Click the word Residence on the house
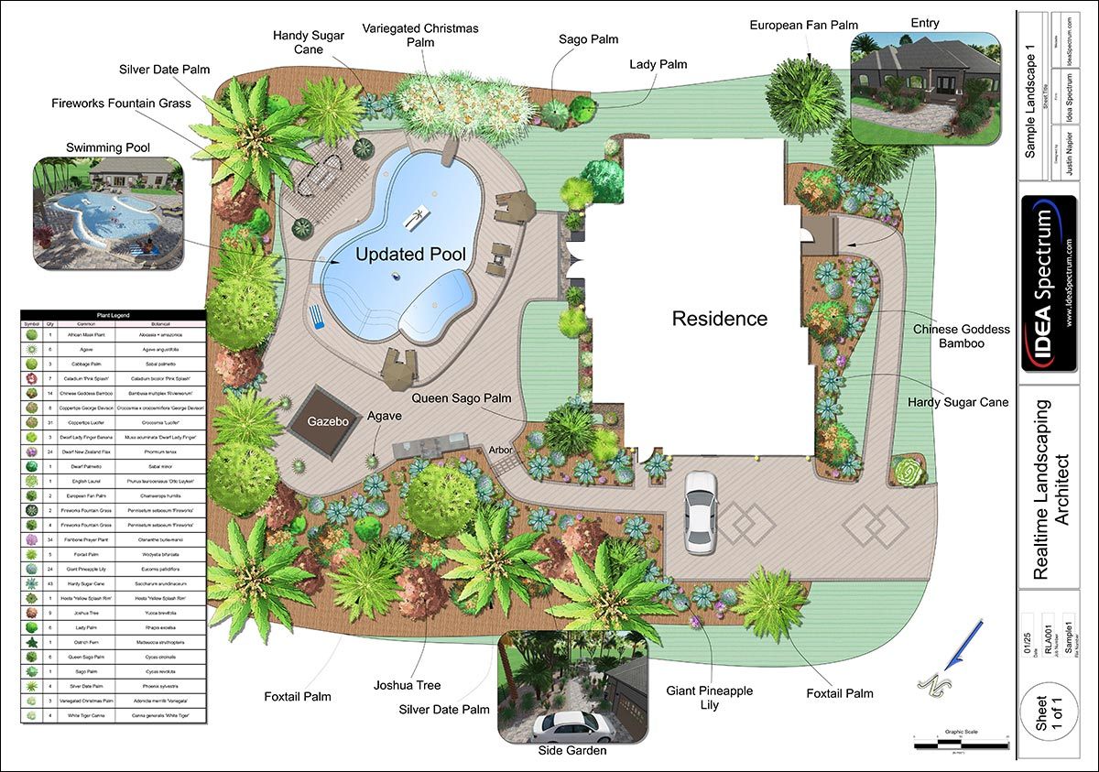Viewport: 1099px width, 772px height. [x=720, y=319]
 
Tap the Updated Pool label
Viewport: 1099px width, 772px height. [x=410, y=255]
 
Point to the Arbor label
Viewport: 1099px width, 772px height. [x=500, y=451]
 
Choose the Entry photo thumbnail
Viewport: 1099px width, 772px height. [x=925, y=88]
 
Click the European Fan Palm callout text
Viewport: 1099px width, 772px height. [x=804, y=25]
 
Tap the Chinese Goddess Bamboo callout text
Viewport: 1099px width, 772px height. [x=961, y=336]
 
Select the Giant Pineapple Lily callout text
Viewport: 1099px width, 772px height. [x=710, y=697]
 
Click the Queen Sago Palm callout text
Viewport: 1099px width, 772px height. [x=461, y=398]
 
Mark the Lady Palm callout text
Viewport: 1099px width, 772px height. [x=658, y=64]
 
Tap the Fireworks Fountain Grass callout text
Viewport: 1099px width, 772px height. [x=121, y=103]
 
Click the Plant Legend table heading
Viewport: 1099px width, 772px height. [x=114, y=315]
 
